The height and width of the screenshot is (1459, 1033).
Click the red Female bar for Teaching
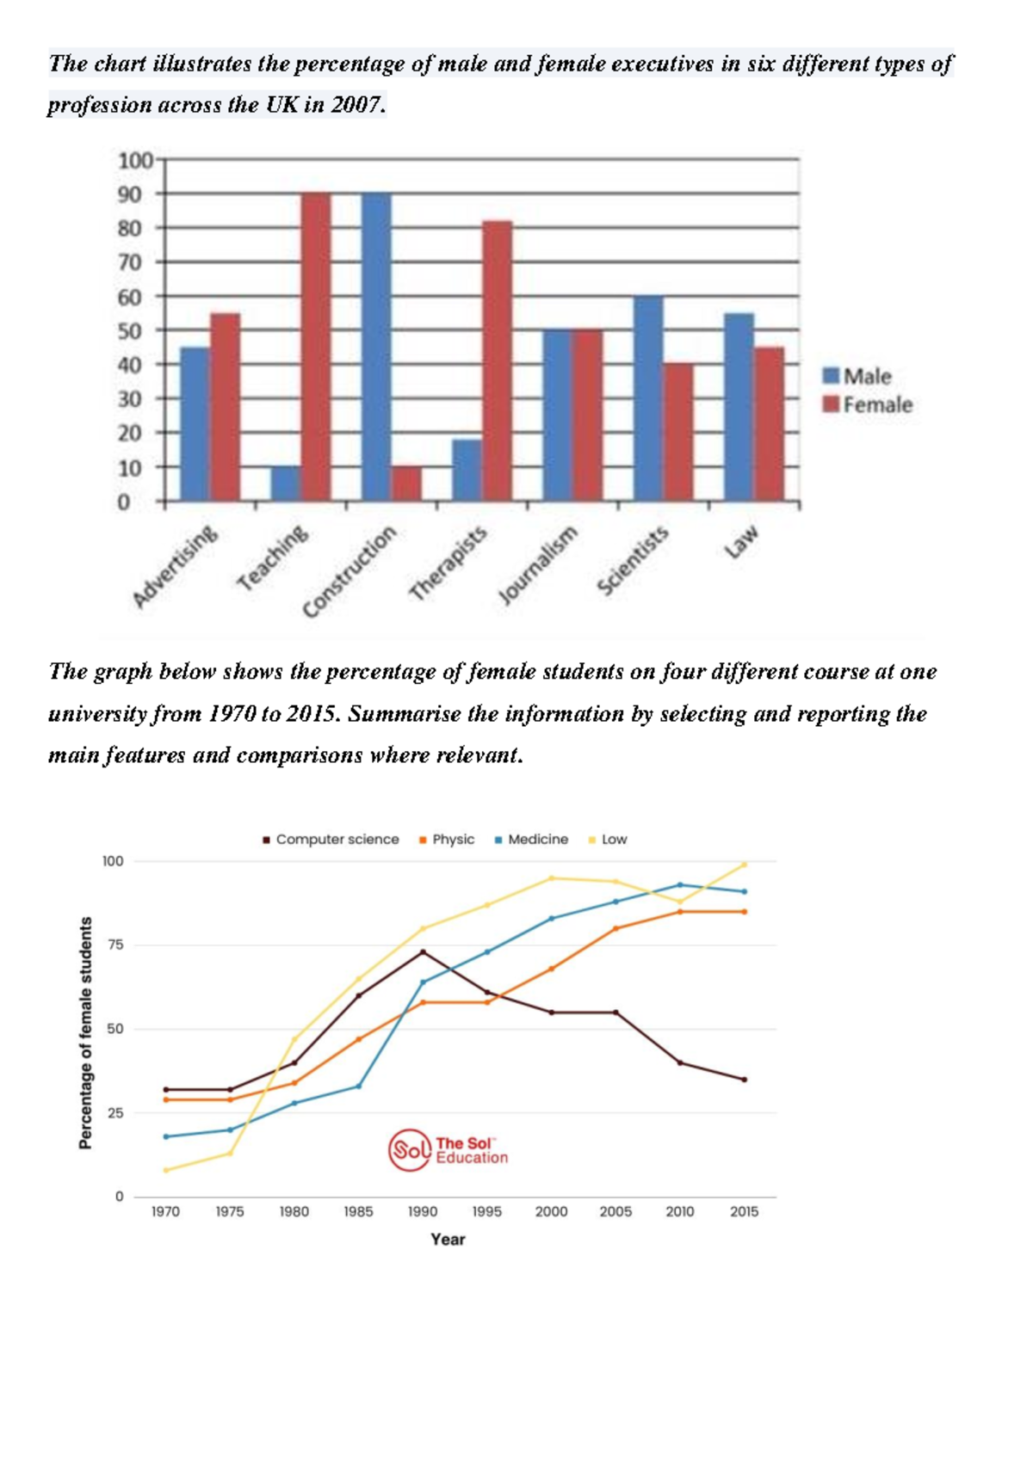tap(315, 348)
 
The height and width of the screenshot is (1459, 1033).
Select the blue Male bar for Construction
tap(376, 348)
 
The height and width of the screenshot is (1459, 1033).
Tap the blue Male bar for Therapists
tap(467, 471)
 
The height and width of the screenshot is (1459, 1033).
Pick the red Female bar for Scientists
tap(678, 432)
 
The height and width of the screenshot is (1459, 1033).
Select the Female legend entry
tap(868, 404)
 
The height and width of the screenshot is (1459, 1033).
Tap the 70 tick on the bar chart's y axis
tap(130, 262)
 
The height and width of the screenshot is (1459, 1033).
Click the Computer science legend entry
tap(331, 839)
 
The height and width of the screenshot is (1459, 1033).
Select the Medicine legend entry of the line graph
tap(531, 839)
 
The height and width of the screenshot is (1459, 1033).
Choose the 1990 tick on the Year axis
tap(423, 1211)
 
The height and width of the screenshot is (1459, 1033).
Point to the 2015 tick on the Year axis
tap(744, 1211)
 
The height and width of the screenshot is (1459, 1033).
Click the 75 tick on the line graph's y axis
tap(114, 945)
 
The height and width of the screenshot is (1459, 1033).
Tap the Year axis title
tap(448, 1239)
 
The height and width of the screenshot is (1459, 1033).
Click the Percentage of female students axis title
tap(85, 1032)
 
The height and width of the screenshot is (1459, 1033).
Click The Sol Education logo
tap(448, 1150)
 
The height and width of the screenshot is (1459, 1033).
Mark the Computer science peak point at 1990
tap(423, 951)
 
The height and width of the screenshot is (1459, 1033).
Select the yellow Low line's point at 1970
tap(166, 1170)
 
